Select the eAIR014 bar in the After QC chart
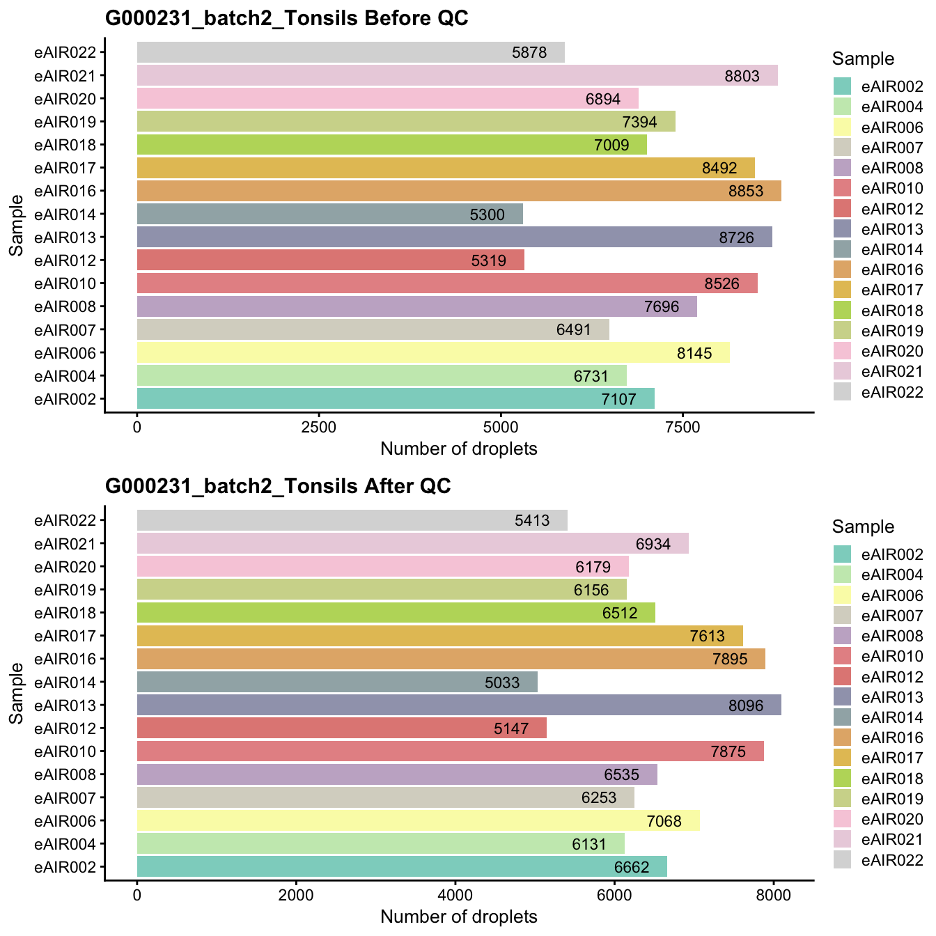(x=337, y=682)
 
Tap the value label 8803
(x=742, y=76)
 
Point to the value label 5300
(x=487, y=214)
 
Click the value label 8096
(x=745, y=705)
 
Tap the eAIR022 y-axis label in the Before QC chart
(x=70, y=52)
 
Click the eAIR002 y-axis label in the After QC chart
(x=70, y=867)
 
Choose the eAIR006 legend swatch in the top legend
(x=843, y=127)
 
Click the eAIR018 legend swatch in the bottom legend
(x=843, y=778)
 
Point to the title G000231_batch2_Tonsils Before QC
(x=286, y=19)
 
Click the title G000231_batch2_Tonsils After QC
(x=278, y=486)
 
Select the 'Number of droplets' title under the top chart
(x=458, y=449)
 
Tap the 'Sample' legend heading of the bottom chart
(x=863, y=526)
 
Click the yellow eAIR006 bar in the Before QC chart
(x=432, y=352)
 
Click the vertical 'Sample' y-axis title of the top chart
(x=17, y=225)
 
